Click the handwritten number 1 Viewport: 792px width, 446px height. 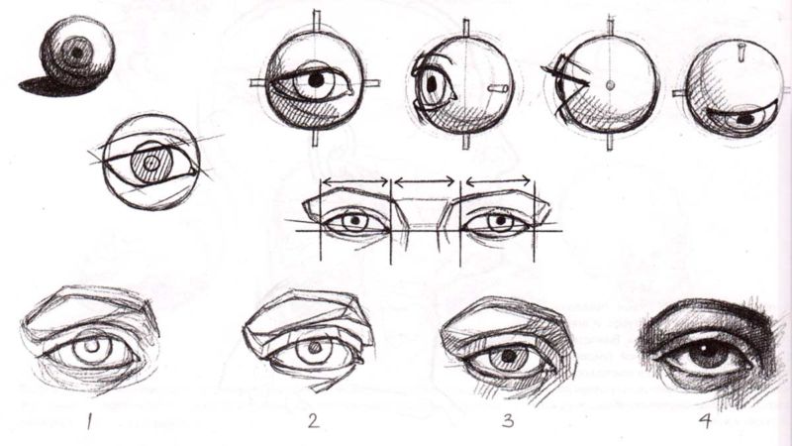(90, 420)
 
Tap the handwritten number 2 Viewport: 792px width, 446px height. (314, 420)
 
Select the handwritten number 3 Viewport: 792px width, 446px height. (508, 420)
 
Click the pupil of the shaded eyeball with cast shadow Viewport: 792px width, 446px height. (77, 52)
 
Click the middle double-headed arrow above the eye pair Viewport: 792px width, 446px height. (425, 181)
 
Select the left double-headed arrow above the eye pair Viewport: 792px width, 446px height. (355, 180)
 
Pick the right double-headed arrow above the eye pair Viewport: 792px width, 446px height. (498, 180)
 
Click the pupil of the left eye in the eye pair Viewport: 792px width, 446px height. (354, 220)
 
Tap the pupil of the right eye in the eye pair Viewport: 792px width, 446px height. (501, 220)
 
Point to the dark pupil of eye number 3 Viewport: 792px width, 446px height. (509, 357)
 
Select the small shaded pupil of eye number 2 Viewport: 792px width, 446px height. (315, 349)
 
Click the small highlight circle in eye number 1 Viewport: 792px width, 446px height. (91, 345)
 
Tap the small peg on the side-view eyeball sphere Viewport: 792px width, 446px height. (498, 88)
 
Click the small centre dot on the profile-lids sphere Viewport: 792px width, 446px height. (610, 85)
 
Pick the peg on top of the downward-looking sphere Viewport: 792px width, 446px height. (742, 52)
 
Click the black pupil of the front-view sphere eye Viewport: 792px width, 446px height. (316, 80)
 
